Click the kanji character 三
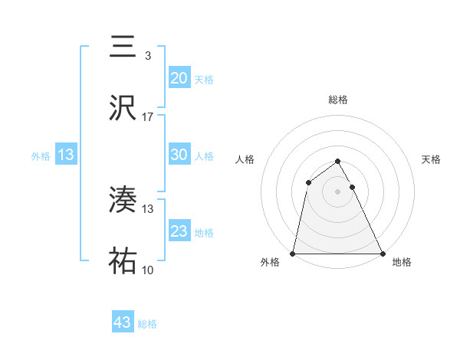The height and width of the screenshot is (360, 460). (x=123, y=47)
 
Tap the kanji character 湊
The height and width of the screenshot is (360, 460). (x=123, y=201)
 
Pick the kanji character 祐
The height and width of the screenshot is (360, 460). (x=123, y=261)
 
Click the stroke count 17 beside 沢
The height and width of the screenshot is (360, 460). (x=148, y=116)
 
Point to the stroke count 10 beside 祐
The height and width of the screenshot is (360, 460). (x=148, y=270)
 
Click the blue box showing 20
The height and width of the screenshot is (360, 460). (x=179, y=77)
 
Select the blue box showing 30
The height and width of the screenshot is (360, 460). (x=179, y=154)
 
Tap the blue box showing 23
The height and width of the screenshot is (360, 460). (x=179, y=231)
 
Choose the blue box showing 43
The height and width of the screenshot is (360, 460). (x=123, y=322)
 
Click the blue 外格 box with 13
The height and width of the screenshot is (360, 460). (x=65, y=155)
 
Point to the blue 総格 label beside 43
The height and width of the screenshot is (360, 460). (x=147, y=324)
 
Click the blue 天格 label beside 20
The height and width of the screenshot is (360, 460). (x=204, y=79)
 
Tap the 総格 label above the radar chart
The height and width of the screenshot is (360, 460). (x=338, y=100)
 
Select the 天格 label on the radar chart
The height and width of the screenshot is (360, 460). (x=431, y=159)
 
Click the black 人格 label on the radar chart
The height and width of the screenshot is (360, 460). (x=245, y=159)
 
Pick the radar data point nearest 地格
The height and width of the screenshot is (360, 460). (x=382, y=253)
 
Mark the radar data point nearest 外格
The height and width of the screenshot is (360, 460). (x=293, y=253)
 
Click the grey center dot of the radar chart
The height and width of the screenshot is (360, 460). (x=337, y=191)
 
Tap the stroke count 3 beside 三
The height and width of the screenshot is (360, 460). (x=148, y=55)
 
